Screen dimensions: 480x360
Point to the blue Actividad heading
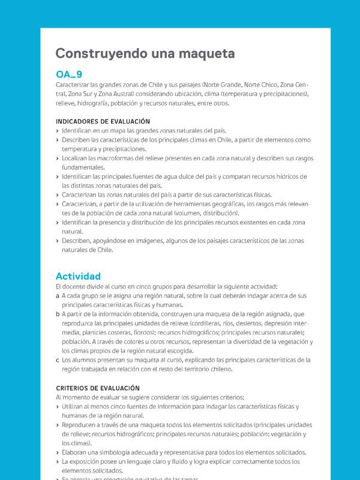(78, 276)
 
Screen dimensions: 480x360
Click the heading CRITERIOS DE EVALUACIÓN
(97, 388)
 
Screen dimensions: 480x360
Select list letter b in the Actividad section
(57, 314)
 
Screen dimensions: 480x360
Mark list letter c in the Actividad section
(57, 360)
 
